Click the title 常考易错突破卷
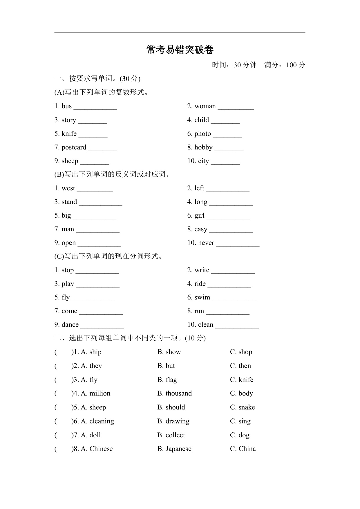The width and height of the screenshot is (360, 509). coord(180,50)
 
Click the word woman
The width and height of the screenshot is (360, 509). coord(205,106)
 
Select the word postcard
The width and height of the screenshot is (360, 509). coord(74,147)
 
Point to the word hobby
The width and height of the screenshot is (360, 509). coord(203,147)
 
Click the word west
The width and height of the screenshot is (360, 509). coord(68,188)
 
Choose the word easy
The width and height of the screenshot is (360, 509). coord(201,229)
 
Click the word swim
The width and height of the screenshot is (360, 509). coord(202,297)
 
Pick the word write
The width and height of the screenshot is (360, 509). coord(202,270)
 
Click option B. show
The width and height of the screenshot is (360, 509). coord(169,352)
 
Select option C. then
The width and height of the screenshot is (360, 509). coord(240,366)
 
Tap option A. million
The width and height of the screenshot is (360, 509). coord(95,394)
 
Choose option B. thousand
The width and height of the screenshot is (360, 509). coord(174,394)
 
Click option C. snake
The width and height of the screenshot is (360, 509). coord(242,407)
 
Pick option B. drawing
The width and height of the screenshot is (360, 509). coord(173,421)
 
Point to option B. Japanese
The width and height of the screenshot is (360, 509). coord(174,449)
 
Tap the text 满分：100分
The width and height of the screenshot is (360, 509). coord(285,65)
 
